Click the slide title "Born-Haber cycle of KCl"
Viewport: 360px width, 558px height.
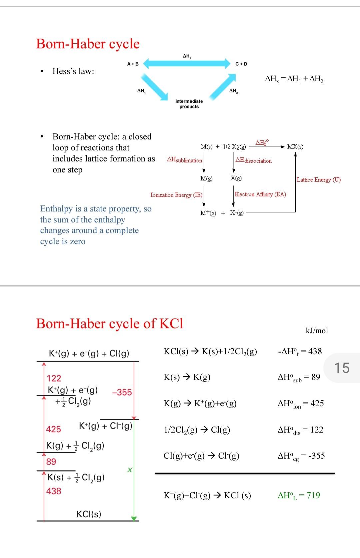click(x=110, y=324)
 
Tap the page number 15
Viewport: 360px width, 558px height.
click(x=342, y=368)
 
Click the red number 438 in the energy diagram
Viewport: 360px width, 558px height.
click(x=54, y=491)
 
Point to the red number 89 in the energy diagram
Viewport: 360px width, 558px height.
click(x=51, y=462)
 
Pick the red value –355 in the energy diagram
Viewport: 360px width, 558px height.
click(x=122, y=392)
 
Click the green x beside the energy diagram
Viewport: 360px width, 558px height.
click(x=130, y=470)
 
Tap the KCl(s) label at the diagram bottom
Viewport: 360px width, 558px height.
click(x=89, y=514)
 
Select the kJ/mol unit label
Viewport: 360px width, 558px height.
click(x=317, y=331)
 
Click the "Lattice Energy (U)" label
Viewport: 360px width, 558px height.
click(x=319, y=180)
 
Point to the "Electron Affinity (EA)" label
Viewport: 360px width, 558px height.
click(x=260, y=194)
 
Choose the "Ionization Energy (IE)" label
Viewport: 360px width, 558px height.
click(x=176, y=195)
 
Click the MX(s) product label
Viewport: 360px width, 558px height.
click(x=295, y=147)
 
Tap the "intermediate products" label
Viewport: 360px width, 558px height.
click(x=189, y=104)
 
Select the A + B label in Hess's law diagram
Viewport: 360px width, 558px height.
click(x=133, y=64)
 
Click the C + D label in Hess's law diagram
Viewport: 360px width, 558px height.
click(x=241, y=64)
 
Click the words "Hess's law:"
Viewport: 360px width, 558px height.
click(x=73, y=71)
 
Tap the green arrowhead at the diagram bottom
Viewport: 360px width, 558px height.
click(x=134, y=518)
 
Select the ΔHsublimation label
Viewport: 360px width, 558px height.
click(x=184, y=160)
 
